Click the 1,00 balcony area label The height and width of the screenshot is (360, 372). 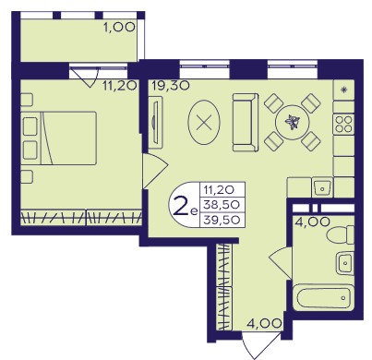(x=119, y=28)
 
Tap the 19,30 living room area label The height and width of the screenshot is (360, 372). (x=170, y=86)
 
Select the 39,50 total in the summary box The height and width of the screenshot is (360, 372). (x=222, y=220)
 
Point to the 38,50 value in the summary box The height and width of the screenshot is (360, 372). (x=222, y=204)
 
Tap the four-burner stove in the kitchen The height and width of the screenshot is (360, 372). (x=343, y=124)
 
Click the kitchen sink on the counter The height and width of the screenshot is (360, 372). (x=322, y=187)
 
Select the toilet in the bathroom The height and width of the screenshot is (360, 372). (x=341, y=235)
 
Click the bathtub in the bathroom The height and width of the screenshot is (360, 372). (x=323, y=297)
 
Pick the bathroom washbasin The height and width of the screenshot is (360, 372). (x=345, y=263)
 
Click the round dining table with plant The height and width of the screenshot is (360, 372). (x=292, y=122)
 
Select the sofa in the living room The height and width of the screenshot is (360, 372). (x=246, y=123)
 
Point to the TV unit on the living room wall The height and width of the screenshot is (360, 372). (x=155, y=122)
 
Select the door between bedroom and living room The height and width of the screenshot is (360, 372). (x=155, y=171)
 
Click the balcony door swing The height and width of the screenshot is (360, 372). (x=84, y=77)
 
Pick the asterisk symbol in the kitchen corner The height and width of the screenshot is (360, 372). (x=344, y=90)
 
